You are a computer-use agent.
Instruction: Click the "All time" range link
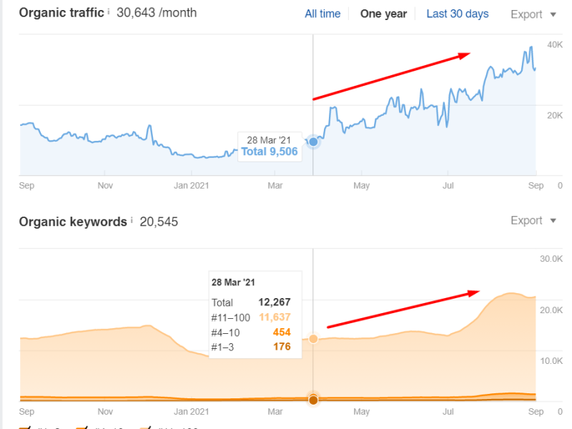(322, 14)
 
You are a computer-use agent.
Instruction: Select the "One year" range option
(383, 14)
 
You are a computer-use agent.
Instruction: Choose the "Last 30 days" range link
(458, 14)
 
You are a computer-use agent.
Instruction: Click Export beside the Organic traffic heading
(533, 14)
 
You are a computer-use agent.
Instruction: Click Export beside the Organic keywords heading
(533, 221)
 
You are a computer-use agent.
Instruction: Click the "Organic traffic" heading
(61, 13)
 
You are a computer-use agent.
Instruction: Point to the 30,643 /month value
(156, 13)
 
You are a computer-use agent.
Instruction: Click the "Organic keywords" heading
(72, 222)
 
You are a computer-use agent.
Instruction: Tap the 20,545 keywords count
(159, 222)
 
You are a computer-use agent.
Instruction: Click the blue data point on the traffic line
(313, 142)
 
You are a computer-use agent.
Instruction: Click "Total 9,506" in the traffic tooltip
(269, 152)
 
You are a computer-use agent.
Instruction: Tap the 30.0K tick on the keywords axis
(551, 258)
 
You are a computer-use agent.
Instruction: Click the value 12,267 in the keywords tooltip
(275, 302)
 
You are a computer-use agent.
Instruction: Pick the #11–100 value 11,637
(275, 317)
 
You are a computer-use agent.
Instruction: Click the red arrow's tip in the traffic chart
(469, 54)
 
